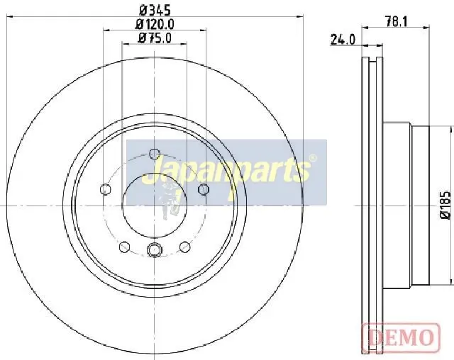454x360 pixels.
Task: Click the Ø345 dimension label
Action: [155, 11]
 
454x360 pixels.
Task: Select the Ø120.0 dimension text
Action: [155, 24]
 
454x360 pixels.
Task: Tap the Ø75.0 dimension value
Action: [155, 38]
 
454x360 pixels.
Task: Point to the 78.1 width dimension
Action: [396, 21]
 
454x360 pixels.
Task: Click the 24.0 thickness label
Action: [343, 40]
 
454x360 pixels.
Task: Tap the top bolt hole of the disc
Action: [155, 154]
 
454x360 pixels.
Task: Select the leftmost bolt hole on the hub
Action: [106, 189]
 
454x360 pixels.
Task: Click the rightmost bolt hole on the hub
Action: [204, 189]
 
